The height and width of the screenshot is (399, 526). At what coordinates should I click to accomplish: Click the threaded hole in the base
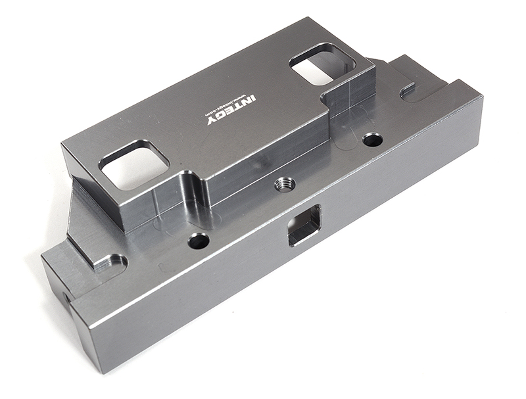(285, 183)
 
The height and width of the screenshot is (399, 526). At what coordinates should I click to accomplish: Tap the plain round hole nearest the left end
(198, 241)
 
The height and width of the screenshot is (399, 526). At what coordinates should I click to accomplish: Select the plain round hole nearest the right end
(372, 139)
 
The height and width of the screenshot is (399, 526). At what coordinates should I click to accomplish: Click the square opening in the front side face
(304, 225)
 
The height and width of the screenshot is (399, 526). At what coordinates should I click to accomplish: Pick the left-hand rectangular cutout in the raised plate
(134, 165)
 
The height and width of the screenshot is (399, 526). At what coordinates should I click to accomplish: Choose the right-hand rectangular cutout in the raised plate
(322, 64)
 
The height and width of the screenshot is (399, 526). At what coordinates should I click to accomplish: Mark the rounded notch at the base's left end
(112, 263)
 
